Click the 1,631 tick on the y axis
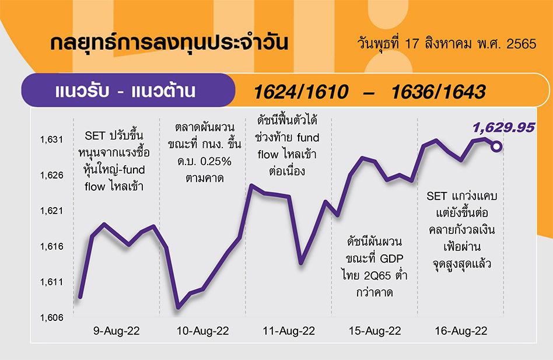tap(51, 139)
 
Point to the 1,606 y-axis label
tap(51, 317)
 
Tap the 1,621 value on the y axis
tap(51, 211)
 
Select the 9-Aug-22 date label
tap(117, 331)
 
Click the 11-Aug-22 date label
tap(289, 331)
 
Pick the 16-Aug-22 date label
tap(461, 331)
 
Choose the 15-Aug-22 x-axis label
tap(375, 331)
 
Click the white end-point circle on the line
tap(496, 146)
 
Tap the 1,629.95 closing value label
tap(503, 128)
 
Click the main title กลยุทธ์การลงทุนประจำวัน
tap(169, 43)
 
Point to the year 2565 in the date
tap(521, 44)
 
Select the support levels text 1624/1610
tap(301, 92)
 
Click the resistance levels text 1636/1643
tap(439, 92)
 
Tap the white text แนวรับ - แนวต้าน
tap(125, 91)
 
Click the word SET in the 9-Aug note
tap(95, 136)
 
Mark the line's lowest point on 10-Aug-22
tap(178, 307)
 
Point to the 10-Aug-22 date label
tap(203, 331)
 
